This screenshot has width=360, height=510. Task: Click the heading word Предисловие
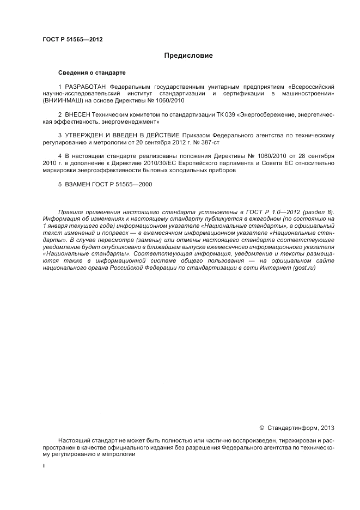[188, 56]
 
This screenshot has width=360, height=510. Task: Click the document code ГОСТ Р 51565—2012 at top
[72, 39]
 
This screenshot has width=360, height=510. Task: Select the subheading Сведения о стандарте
[91, 72]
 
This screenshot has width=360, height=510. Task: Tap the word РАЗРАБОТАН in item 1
[86, 87]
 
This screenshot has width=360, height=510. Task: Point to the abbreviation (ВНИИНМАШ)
[62, 100]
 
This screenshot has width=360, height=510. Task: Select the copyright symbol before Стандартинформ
[261, 428]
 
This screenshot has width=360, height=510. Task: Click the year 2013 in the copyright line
[327, 428]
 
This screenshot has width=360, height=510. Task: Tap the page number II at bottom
[45, 466]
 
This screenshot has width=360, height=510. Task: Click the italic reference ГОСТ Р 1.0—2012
[272, 212]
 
